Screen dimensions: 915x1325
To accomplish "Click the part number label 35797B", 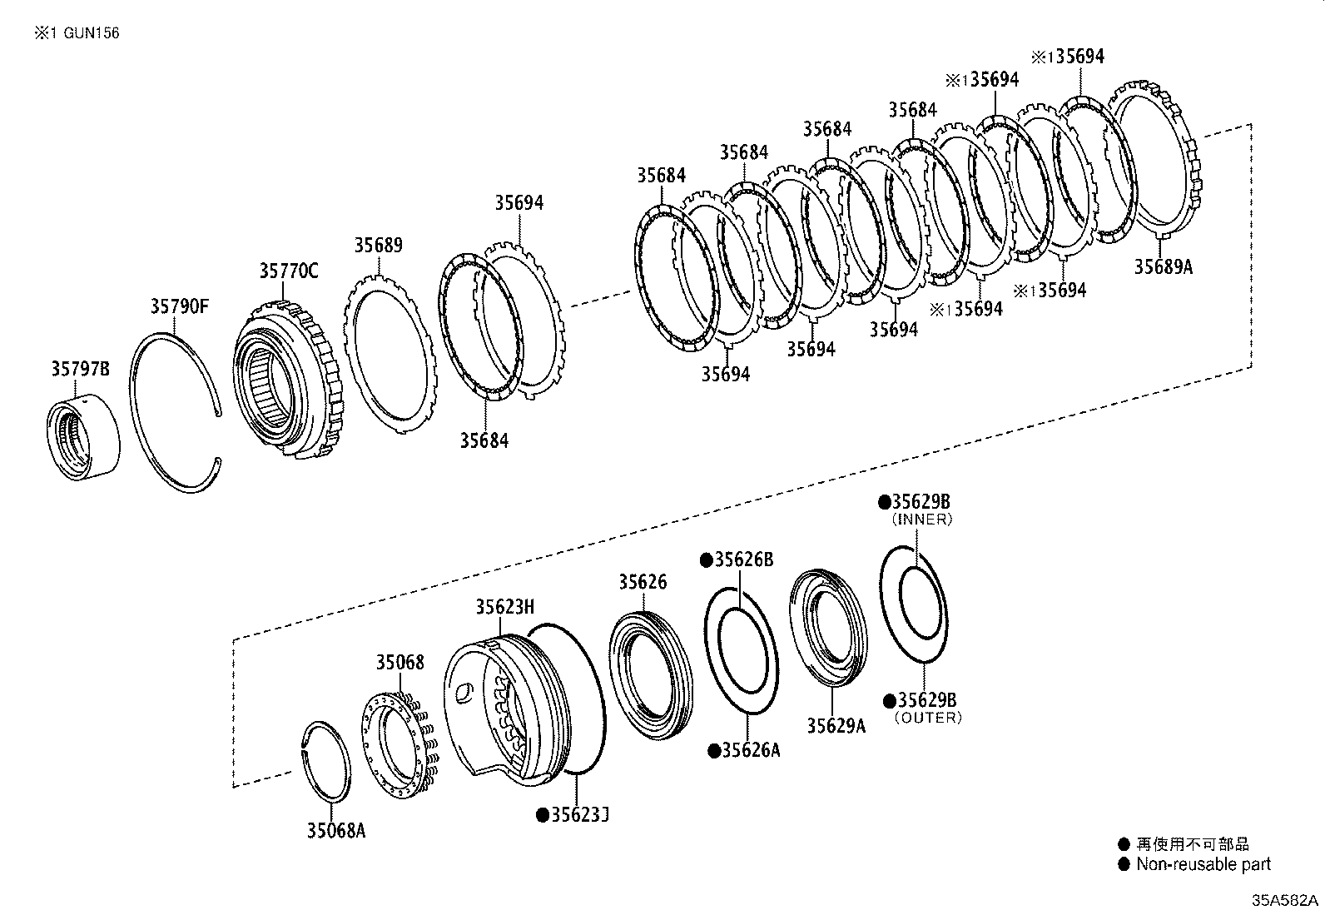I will tap(80, 369).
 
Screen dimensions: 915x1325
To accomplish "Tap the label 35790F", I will tap(180, 306).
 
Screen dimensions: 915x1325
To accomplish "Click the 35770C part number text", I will tap(288, 271).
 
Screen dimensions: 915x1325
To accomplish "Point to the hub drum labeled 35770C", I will tap(287, 379).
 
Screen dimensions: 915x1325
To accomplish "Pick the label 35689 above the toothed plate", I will tap(378, 245).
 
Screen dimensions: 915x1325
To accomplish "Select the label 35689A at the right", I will tap(1163, 266).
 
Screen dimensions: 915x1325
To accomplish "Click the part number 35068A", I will tap(335, 830).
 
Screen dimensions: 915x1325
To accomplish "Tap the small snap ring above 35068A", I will tap(325, 762).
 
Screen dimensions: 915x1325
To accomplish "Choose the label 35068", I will tap(399, 662).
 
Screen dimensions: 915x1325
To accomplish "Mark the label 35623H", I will tap(504, 606).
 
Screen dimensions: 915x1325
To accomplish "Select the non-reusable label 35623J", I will tap(579, 814).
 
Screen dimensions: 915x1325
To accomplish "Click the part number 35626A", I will tap(750, 750).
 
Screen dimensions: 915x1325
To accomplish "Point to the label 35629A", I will tap(836, 725).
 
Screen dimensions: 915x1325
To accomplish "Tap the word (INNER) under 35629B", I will tap(921, 519).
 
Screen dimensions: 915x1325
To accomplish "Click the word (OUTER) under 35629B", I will tap(927, 717).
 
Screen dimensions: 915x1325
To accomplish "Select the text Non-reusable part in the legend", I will tap(1203, 864).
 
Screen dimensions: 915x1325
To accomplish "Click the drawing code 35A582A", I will tap(1286, 901).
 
